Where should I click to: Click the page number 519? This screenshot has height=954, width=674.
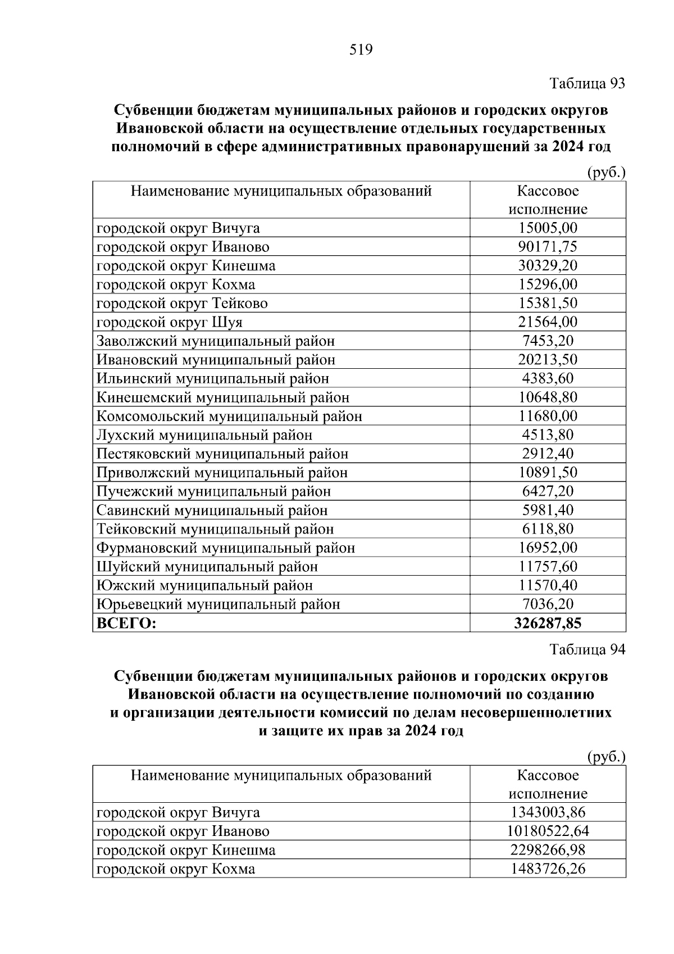361,51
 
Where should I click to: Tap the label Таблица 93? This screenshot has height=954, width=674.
587,84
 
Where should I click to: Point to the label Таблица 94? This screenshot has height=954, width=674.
587,650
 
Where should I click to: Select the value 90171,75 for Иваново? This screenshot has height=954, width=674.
548,247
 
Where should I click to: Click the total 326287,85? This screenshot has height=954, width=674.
548,623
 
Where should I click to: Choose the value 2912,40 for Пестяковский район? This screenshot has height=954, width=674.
548,454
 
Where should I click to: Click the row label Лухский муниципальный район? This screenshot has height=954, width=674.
204,435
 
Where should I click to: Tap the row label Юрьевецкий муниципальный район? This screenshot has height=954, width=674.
218,604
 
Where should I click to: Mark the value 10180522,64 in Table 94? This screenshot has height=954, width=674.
548,831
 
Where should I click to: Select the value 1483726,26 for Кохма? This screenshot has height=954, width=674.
548,869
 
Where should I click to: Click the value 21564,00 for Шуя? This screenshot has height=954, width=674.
548,322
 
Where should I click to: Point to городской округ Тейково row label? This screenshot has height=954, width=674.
182,304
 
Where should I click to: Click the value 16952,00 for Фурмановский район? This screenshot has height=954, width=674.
548,548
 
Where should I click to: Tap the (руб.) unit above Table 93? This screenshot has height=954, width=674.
605,173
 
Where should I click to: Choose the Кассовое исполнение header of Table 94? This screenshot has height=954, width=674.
548,785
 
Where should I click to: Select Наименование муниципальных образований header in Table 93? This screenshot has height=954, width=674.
281,192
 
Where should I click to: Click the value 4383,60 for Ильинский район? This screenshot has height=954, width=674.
548,378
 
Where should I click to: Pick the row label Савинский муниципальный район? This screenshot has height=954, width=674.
212,510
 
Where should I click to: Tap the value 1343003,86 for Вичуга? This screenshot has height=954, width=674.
548,813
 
